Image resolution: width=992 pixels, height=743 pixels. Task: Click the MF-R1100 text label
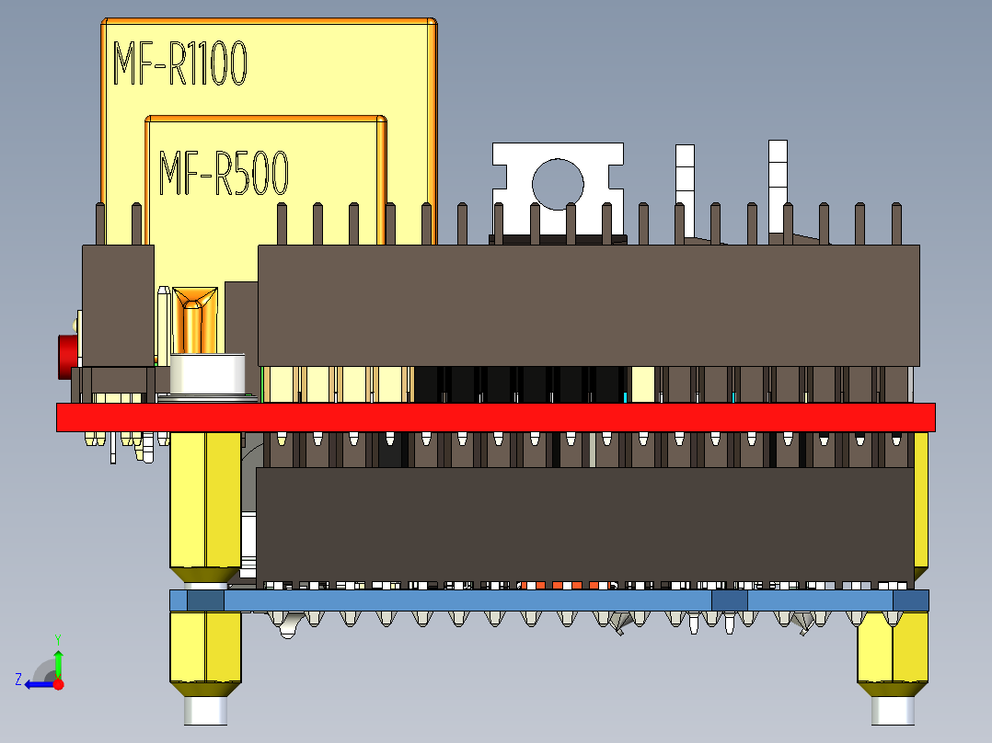tap(179, 64)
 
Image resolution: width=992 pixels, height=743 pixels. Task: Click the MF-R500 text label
tap(224, 174)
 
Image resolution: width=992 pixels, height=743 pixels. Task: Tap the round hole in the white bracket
tap(558, 183)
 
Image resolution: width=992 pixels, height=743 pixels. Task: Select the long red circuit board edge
tap(495, 417)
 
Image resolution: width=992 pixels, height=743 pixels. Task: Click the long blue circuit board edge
tap(548, 600)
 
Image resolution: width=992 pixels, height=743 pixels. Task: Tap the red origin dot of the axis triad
tap(58, 684)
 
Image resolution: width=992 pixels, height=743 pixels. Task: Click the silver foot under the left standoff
tap(206, 710)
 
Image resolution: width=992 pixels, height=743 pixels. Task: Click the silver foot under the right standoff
tap(893, 709)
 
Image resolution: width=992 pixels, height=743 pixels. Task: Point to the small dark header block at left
tap(118, 305)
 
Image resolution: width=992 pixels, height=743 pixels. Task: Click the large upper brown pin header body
tap(588, 305)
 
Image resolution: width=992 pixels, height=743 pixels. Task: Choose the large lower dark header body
tap(584, 523)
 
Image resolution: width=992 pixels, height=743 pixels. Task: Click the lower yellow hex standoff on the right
tap(891, 652)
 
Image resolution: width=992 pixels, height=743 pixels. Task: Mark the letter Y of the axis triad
tap(57, 638)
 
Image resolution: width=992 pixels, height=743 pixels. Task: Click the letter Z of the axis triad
tap(18, 680)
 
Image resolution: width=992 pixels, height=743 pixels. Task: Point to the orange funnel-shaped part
tap(195, 303)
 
